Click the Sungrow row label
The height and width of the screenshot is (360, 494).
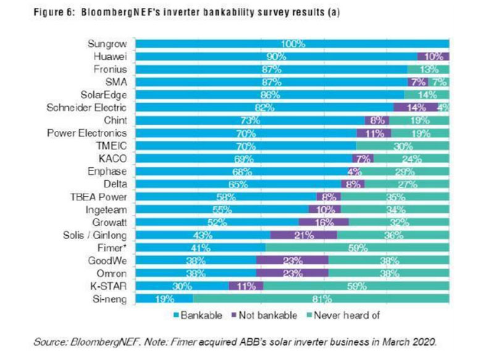(x=109, y=43)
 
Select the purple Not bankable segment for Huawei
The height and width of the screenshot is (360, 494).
(x=433, y=57)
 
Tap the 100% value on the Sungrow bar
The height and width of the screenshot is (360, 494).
(x=291, y=44)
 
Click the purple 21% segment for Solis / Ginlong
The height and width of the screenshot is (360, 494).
(x=304, y=235)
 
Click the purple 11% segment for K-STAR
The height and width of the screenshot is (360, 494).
(x=246, y=287)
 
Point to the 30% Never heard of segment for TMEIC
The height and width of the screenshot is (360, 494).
(x=403, y=146)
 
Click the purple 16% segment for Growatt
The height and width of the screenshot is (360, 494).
(x=324, y=222)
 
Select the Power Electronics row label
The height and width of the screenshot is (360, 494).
(x=91, y=133)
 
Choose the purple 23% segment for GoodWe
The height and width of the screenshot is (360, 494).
(x=292, y=261)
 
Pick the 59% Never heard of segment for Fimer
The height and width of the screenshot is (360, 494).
(x=357, y=248)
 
